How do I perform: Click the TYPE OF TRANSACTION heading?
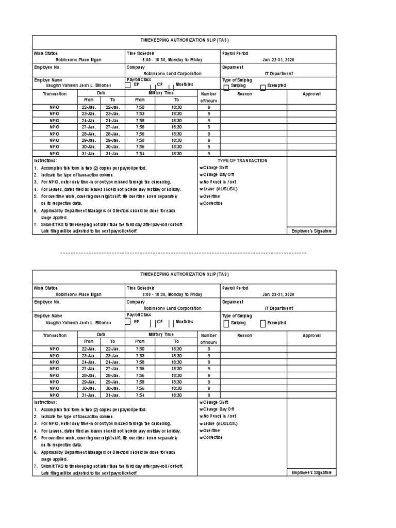242,160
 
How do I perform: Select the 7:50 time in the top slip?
140,107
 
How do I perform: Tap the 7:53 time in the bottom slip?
140,356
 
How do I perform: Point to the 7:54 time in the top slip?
140,154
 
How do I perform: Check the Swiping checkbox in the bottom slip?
226,324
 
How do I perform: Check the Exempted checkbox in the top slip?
263,87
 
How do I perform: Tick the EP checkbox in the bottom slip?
128,322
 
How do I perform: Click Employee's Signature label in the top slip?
311,231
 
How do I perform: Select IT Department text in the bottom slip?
279,308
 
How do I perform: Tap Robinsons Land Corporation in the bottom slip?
169,308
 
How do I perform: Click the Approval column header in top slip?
311,94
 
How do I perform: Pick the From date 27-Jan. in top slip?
89,127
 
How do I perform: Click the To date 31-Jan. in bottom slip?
112,395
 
